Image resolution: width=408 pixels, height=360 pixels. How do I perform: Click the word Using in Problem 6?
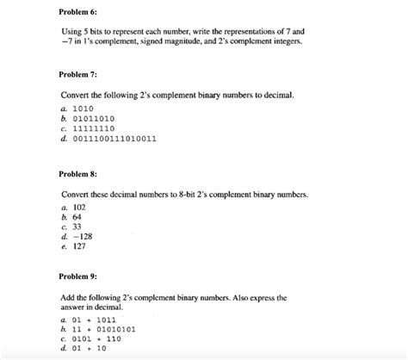point(71,32)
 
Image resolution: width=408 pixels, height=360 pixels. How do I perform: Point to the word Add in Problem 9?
point(68,296)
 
